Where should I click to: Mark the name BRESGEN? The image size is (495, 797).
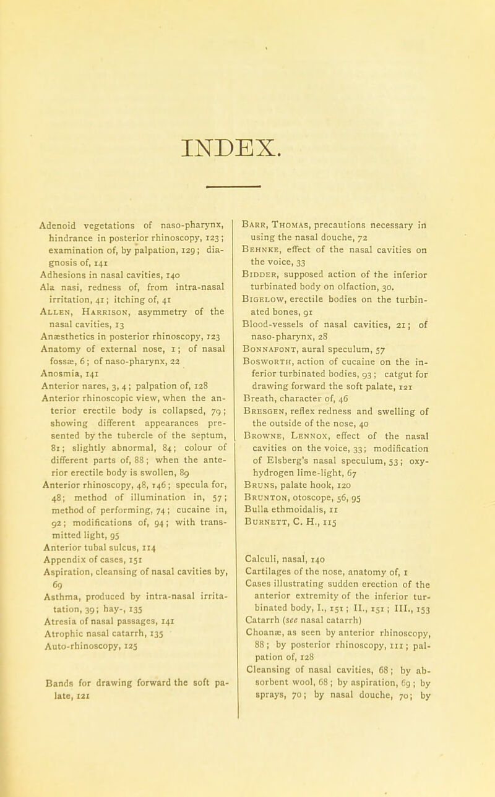[x=275, y=356]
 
